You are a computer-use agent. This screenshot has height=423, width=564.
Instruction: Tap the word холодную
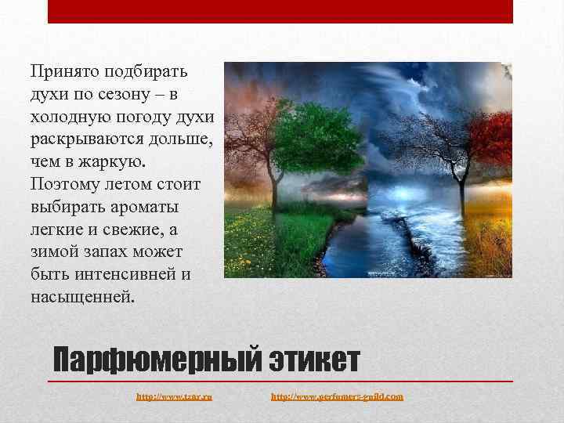(x=70, y=117)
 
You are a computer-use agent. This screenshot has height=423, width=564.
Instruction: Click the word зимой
(x=56, y=253)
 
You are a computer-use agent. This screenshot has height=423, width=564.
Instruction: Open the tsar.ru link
(x=174, y=397)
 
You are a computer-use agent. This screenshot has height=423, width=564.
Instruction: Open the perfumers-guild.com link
(x=337, y=397)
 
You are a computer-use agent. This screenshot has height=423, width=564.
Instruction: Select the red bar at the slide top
(x=280, y=11)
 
